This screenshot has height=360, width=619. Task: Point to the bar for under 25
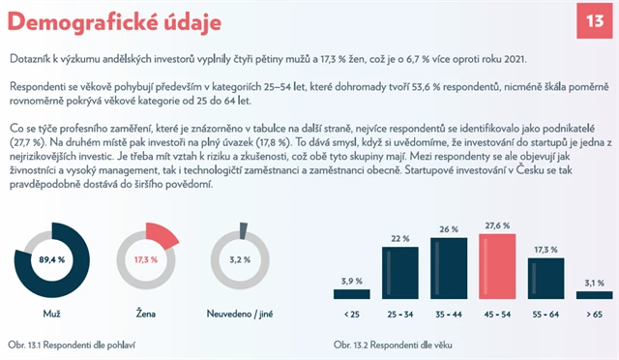tap(350, 297)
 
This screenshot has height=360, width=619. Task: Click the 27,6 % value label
tap(498, 225)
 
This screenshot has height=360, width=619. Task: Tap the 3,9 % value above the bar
tap(350, 282)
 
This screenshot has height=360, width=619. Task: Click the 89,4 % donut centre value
tap(51, 259)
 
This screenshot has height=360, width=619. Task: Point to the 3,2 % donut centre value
tap(240, 259)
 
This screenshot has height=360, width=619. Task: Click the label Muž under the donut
tap(51, 315)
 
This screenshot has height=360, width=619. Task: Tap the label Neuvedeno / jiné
tap(240, 315)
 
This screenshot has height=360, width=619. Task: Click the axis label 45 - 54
tap(498, 314)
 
